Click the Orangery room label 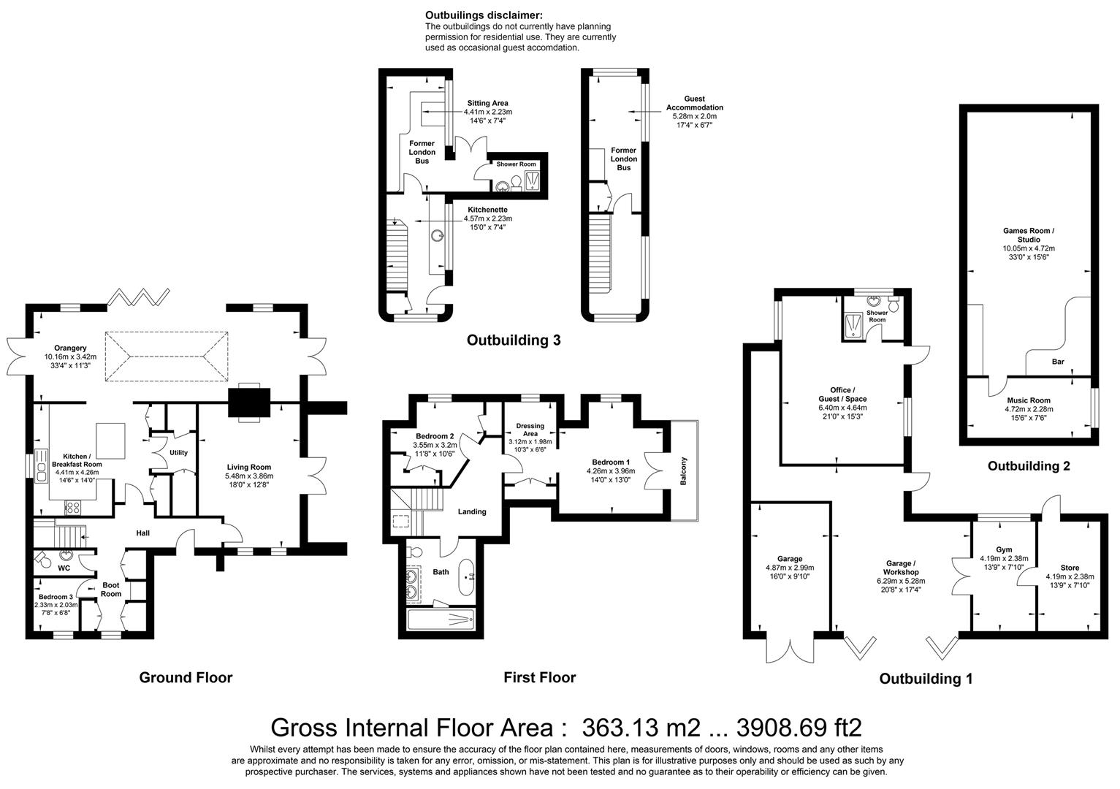click(70, 348)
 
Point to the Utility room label click(178, 453)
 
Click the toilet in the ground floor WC click(43, 560)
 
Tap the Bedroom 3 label click(56, 597)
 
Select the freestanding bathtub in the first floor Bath click(466, 576)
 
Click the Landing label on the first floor click(472, 511)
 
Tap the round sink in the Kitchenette click(437, 236)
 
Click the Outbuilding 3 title click(514, 340)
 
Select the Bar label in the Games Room click(1058, 362)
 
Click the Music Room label click(1029, 400)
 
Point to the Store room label click(1069, 568)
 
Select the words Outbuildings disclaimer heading click(484, 15)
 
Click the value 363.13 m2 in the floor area click(641, 728)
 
